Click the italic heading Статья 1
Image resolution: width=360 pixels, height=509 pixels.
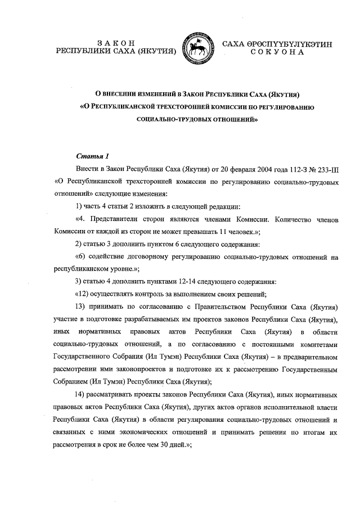click(x=89, y=155)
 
